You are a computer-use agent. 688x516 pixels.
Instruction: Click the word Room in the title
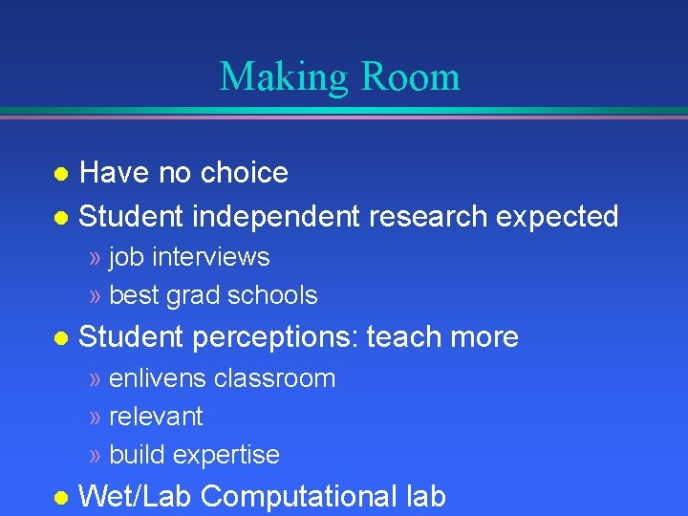(413, 77)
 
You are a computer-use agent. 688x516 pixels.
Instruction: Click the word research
(426, 217)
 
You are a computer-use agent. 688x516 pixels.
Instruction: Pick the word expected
(557, 217)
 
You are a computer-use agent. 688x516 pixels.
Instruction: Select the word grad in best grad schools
(193, 295)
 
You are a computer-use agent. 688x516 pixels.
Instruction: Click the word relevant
(156, 417)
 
